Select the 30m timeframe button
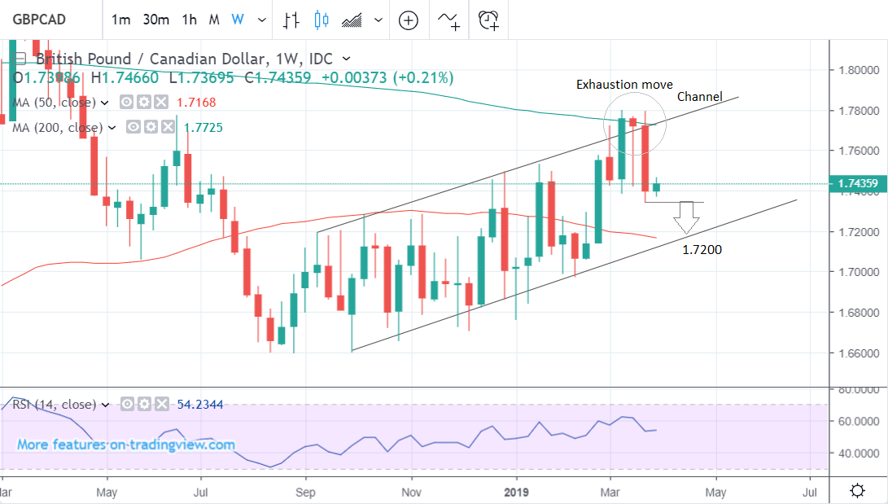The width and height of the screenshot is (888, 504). [155, 20]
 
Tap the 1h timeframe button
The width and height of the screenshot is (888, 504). [189, 20]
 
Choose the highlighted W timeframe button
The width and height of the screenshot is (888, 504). [238, 20]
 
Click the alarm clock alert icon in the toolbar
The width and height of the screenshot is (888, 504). [488, 20]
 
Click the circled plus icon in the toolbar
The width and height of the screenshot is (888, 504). [408, 20]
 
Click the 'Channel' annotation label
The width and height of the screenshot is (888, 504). [700, 97]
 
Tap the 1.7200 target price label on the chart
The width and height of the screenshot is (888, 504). [702, 250]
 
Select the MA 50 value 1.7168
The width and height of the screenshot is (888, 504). [201, 103]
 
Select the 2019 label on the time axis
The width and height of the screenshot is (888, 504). [517, 492]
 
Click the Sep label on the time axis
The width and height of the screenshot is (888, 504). [306, 492]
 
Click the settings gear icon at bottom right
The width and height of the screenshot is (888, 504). [857, 490]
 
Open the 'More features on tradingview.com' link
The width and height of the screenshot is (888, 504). [126, 445]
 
